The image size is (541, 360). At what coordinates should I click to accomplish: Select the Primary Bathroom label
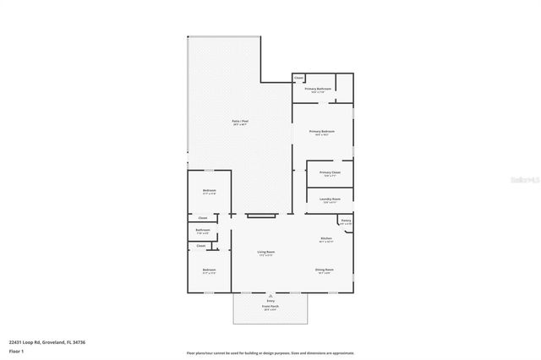(317, 89)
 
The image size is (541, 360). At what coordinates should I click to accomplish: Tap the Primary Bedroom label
(321, 132)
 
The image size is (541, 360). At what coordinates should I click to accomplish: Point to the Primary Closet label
(330, 173)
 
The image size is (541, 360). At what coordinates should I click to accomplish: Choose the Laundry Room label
(330, 199)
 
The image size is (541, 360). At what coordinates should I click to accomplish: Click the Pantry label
(346, 221)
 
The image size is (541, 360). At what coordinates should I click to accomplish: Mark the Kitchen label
(326, 239)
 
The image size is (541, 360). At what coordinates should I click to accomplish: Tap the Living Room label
(265, 253)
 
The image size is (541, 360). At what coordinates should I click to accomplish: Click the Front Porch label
(270, 307)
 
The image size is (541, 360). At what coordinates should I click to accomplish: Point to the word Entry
(270, 301)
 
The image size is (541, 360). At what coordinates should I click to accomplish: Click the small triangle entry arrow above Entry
(270, 296)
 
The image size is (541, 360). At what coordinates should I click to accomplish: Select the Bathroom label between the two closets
(203, 231)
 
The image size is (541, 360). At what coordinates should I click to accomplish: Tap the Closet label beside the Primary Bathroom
(299, 78)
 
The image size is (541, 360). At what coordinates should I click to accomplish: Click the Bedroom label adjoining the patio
(209, 191)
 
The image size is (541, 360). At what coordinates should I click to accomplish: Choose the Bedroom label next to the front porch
(209, 270)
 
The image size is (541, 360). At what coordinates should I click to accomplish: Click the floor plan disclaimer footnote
(270, 352)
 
